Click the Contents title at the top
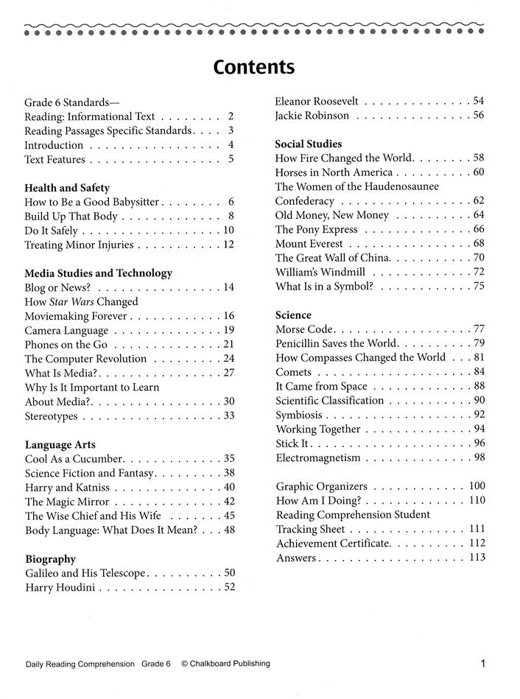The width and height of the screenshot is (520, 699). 254,67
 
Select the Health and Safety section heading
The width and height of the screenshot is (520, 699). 67,187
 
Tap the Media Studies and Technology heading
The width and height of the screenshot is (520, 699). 99,273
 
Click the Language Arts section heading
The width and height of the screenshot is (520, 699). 60,445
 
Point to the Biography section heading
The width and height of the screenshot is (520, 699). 50,559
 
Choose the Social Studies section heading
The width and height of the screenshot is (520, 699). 309,144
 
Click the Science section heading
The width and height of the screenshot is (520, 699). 293,315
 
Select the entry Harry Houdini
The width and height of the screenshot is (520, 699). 60,587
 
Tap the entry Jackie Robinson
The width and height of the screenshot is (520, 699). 312,116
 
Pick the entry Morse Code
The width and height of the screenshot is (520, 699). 305,329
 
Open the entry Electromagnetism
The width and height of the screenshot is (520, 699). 318,457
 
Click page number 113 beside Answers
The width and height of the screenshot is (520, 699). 477,558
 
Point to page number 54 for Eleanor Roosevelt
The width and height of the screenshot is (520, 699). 479,101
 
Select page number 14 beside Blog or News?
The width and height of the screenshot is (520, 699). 228,287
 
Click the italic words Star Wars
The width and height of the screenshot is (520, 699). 74,301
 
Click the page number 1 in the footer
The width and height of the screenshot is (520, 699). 482,664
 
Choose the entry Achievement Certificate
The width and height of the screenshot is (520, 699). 333,543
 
